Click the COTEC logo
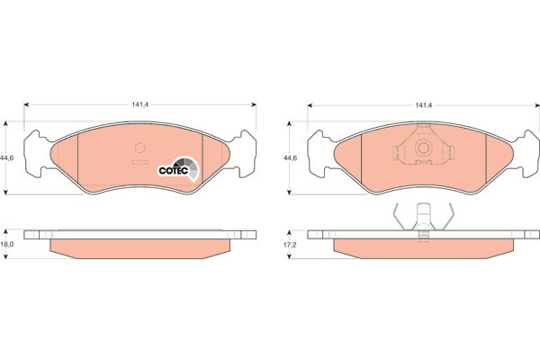point(178,169)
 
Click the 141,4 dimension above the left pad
point(139,104)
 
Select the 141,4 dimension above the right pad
point(424,105)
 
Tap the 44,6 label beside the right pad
point(290,158)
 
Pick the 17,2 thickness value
point(290,245)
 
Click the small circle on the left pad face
point(139,148)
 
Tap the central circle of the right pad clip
point(423,148)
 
